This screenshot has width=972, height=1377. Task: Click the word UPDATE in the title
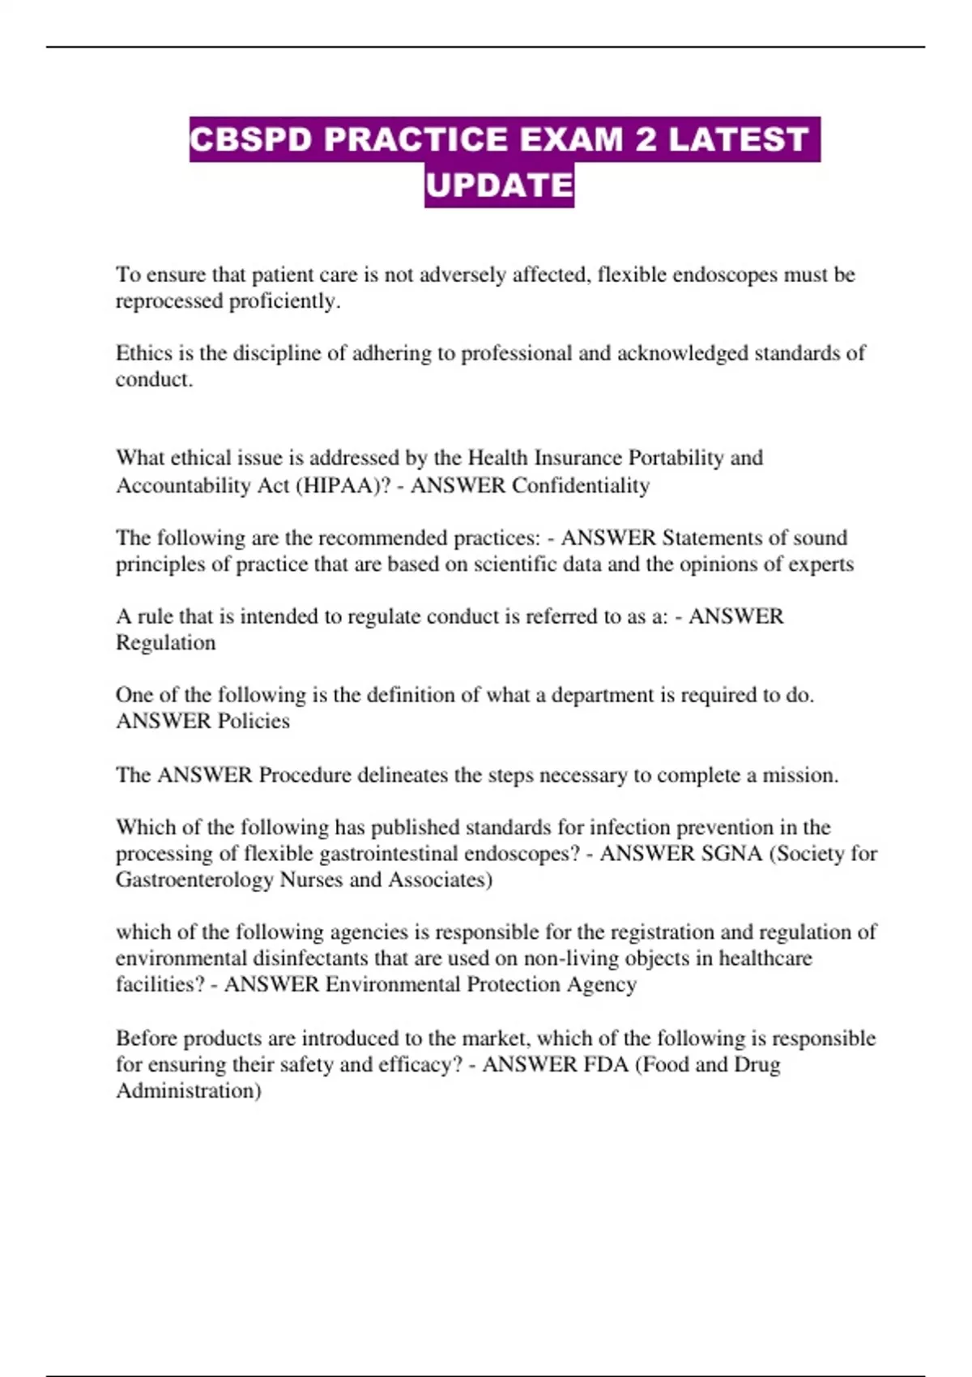coord(499,185)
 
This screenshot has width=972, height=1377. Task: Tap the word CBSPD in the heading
coord(251,139)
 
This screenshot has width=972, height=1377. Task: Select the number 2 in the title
coord(646,139)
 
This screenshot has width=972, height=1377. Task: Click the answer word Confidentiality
coord(581,486)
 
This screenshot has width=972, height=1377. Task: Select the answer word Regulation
coord(165,643)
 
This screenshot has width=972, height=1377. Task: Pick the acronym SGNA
coord(732,854)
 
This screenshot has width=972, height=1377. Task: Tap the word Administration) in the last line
coord(188,1091)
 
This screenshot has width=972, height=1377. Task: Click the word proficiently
coord(284,301)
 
